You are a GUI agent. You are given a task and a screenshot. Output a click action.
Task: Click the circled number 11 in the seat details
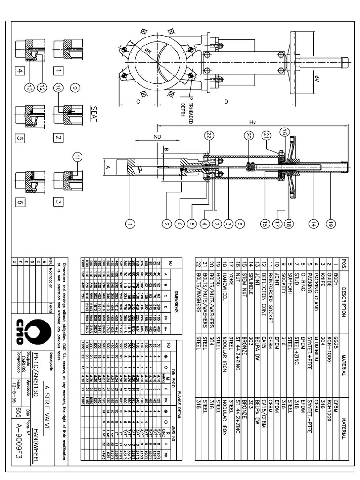[77, 157]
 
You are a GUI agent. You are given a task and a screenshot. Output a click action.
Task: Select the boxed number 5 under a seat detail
[20, 138]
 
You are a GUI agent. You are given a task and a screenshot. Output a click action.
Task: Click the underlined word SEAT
[93, 112]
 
